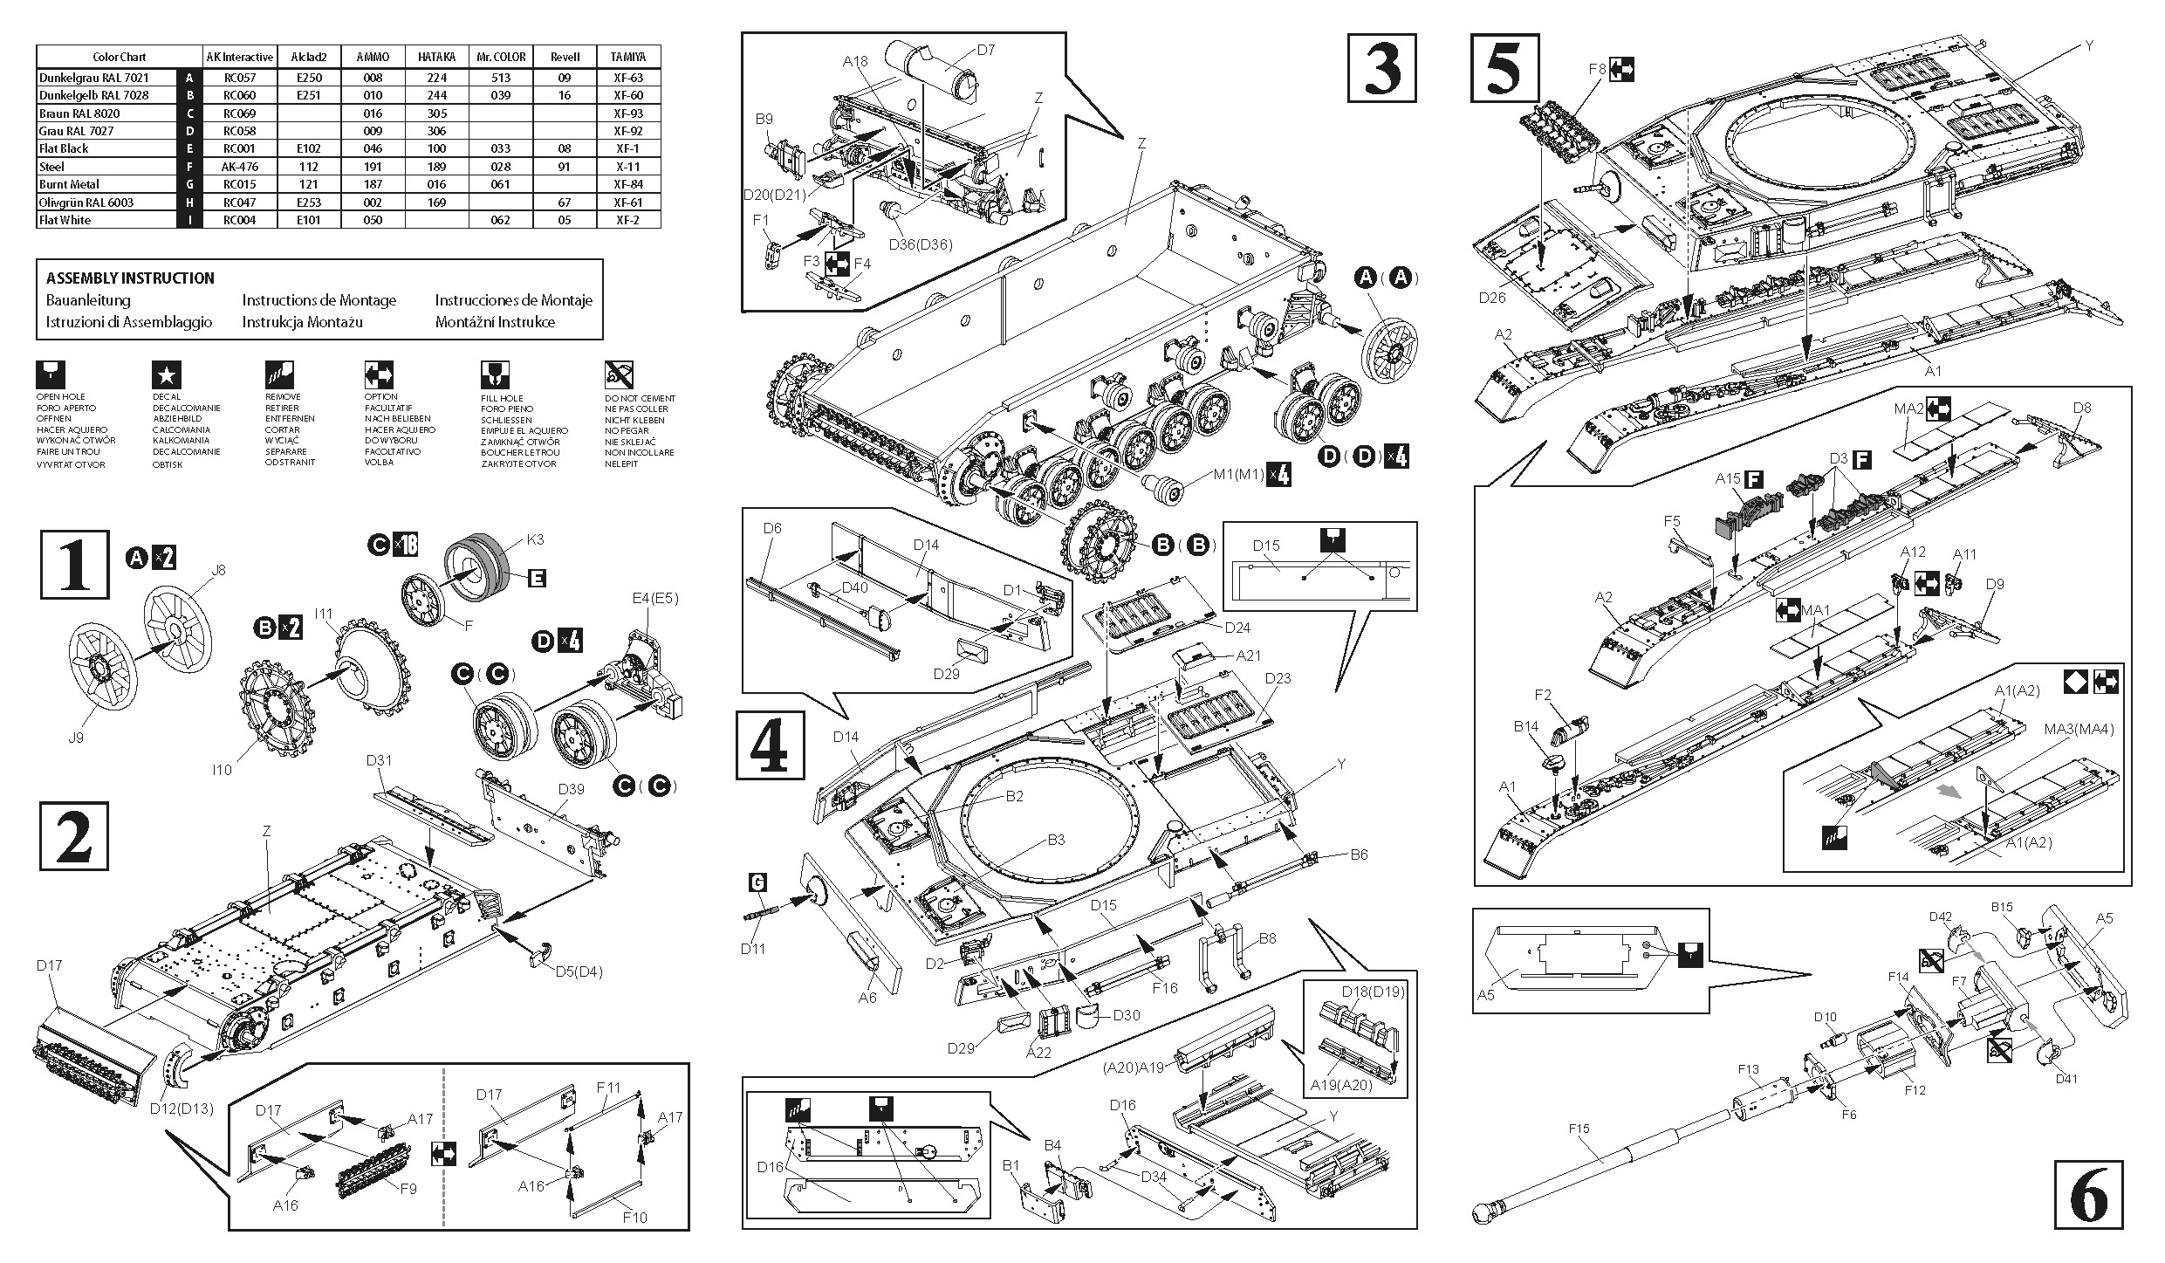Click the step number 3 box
pyautogui.click(x=1381, y=68)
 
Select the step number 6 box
pyautogui.click(x=2088, y=1194)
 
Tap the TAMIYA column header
pyautogui.click(x=628, y=57)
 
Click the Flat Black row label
pyautogui.click(x=64, y=148)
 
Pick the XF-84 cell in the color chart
pyautogui.click(x=628, y=184)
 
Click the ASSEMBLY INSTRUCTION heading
pyautogui.click(x=130, y=278)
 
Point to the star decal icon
pyautogui.click(x=167, y=375)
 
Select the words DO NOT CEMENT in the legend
pyautogui.click(x=640, y=398)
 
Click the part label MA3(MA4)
pyautogui.click(x=2079, y=729)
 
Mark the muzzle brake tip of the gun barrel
pyautogui.click(x=1484, y=1212)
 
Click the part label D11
pyautogui.click(x=752, y=949)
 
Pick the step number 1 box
pyautogui.click(x=75, y=565)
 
